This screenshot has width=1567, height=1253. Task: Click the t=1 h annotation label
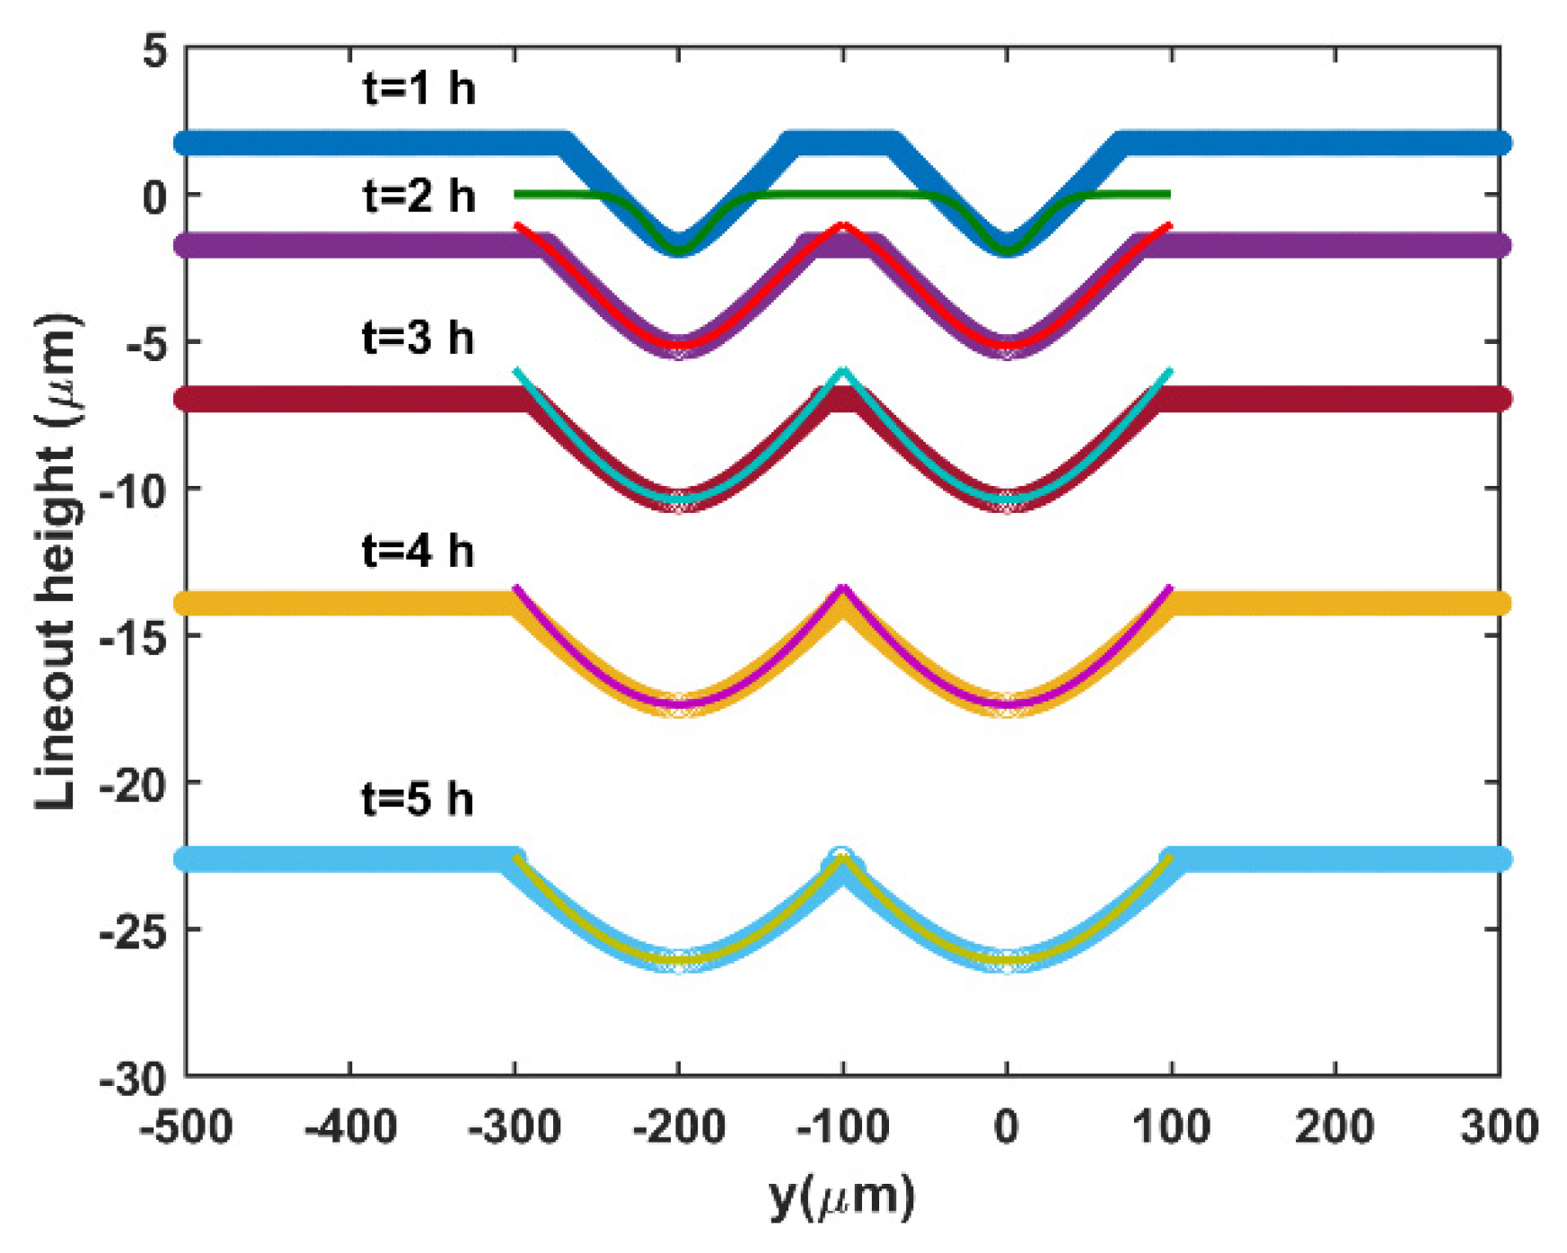[x=418, y=89]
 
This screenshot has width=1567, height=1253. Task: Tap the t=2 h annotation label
[x=418, y=196]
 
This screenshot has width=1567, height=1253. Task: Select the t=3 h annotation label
[x=418, y=338]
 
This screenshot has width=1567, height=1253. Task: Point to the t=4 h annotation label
[x=418, y=550]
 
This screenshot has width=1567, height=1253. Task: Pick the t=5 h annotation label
[x=418, y=799]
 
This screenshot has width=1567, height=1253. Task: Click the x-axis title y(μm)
[x=841, y=1196]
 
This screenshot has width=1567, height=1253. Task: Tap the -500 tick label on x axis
[x=187, y=1126]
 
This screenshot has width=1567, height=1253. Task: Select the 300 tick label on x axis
[x=1499, y=1126]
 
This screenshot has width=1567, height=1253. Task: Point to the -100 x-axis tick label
[x=842, y=1126]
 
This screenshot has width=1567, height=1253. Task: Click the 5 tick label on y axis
[x=154, y=51]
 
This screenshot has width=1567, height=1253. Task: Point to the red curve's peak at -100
[x=842, y=225]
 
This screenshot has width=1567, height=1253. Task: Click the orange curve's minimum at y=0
[x=1007, y=709]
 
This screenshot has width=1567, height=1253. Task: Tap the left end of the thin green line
[x=516, y=194]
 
